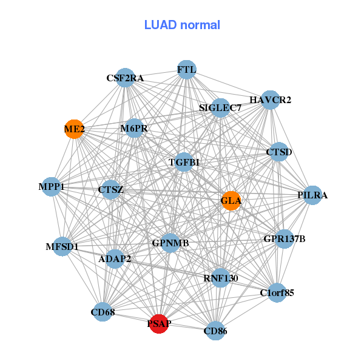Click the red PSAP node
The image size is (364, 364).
[x=158, y=324]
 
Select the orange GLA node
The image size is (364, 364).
[x=231, y=200]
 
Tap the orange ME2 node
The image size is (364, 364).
[x=74, y=129]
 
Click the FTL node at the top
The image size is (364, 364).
[x=186, y=70]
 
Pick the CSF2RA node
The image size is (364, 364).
[x=125, y=78]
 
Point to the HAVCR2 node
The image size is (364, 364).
[x=270, y=99]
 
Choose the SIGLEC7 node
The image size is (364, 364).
[x=220, y=108]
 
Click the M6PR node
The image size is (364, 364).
[x=134, y=128]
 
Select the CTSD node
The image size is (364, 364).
[x=279, y=152]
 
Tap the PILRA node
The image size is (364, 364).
[x=312, y=195]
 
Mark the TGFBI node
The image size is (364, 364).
[x=184, y=162]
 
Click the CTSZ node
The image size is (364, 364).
[x=110, y=190]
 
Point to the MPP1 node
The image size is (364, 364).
[x=52, y=187]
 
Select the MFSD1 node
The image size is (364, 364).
[x=62, y=246]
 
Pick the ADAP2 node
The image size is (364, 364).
[x=115, y=259]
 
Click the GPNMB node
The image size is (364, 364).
[x=170, y=243]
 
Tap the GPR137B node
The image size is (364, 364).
[x=284, y=238]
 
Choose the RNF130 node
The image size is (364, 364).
[x=221, y=278]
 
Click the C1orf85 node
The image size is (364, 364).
[x=277, y=293]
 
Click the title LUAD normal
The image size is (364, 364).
[x=182, y=25]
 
